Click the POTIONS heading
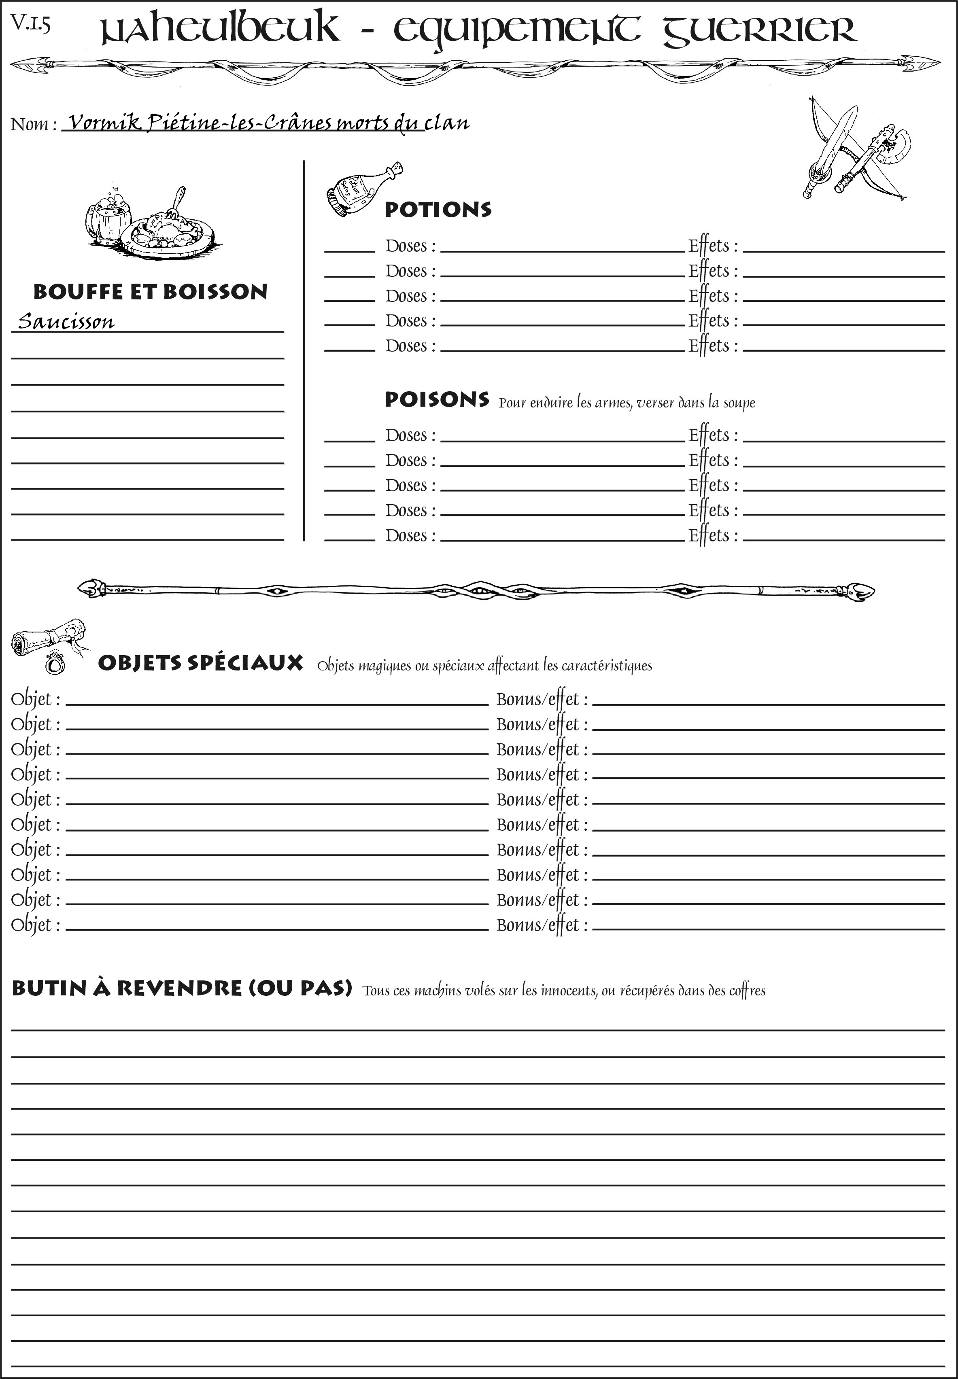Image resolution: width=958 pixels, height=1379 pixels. point(438,210)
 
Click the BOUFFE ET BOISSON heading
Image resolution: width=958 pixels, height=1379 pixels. point(150,292)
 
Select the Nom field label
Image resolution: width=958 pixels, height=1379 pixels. point(33,124)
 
